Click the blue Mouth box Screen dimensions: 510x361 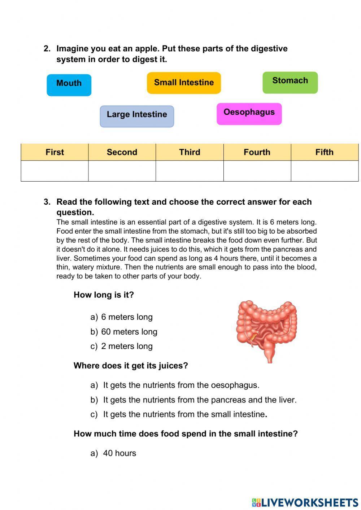pyautogui.click(x=69, y=85)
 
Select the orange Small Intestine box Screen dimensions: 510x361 pyautogui.click(x=184, y=83)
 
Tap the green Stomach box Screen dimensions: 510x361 pyautogui.click(x=290, y=82)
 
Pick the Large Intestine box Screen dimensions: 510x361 pyautogui.click(x=137, y=116)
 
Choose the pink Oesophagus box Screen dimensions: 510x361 pyautogui.click(x=249, y=114)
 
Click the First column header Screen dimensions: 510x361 pyautogui.click(x=55, y=152)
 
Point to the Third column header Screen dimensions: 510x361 pyautogui.click(x=190, y=152)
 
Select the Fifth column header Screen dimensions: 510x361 pyautogui.click(x=324, y=152)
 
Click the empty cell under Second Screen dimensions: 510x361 pyautogui.click(x=122, y=171)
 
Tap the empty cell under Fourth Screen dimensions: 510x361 pyautogui.click(x=257, y=171)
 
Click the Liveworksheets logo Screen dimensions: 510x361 pyautogui.click(x=305, y=502)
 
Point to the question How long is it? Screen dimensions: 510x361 pyautogui.click(x=104, y=295)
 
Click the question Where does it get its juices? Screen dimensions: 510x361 pyautogui.click(x=131, y=366)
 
